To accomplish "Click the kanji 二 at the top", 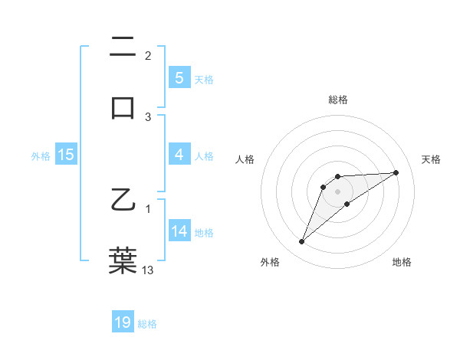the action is tap(123, 49).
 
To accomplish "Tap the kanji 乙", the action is tap(123, 201).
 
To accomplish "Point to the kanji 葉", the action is tap(123, 260).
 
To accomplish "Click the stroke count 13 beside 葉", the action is tap(148, 270).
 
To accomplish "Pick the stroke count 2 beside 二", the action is tap(148, 56).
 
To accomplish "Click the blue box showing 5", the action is tap(179, 78).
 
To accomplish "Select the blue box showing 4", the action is tap(179, 155).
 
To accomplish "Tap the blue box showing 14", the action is tap(179, 231).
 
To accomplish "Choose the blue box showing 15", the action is tap(66, 155).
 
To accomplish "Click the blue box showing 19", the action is tap(123, 322).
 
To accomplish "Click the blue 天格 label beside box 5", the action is tap(204, 79).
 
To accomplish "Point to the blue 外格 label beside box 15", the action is tap(41, 155).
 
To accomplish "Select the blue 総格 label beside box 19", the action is tap(147, 323).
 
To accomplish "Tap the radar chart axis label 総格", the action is tap(338, 100).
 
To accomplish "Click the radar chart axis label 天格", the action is tap(432, 159).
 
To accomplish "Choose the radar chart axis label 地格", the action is tap(402, 262).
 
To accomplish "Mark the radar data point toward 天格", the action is tap(396, 172).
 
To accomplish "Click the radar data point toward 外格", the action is tap(301, 242).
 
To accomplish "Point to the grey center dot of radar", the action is tap(338, 191).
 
